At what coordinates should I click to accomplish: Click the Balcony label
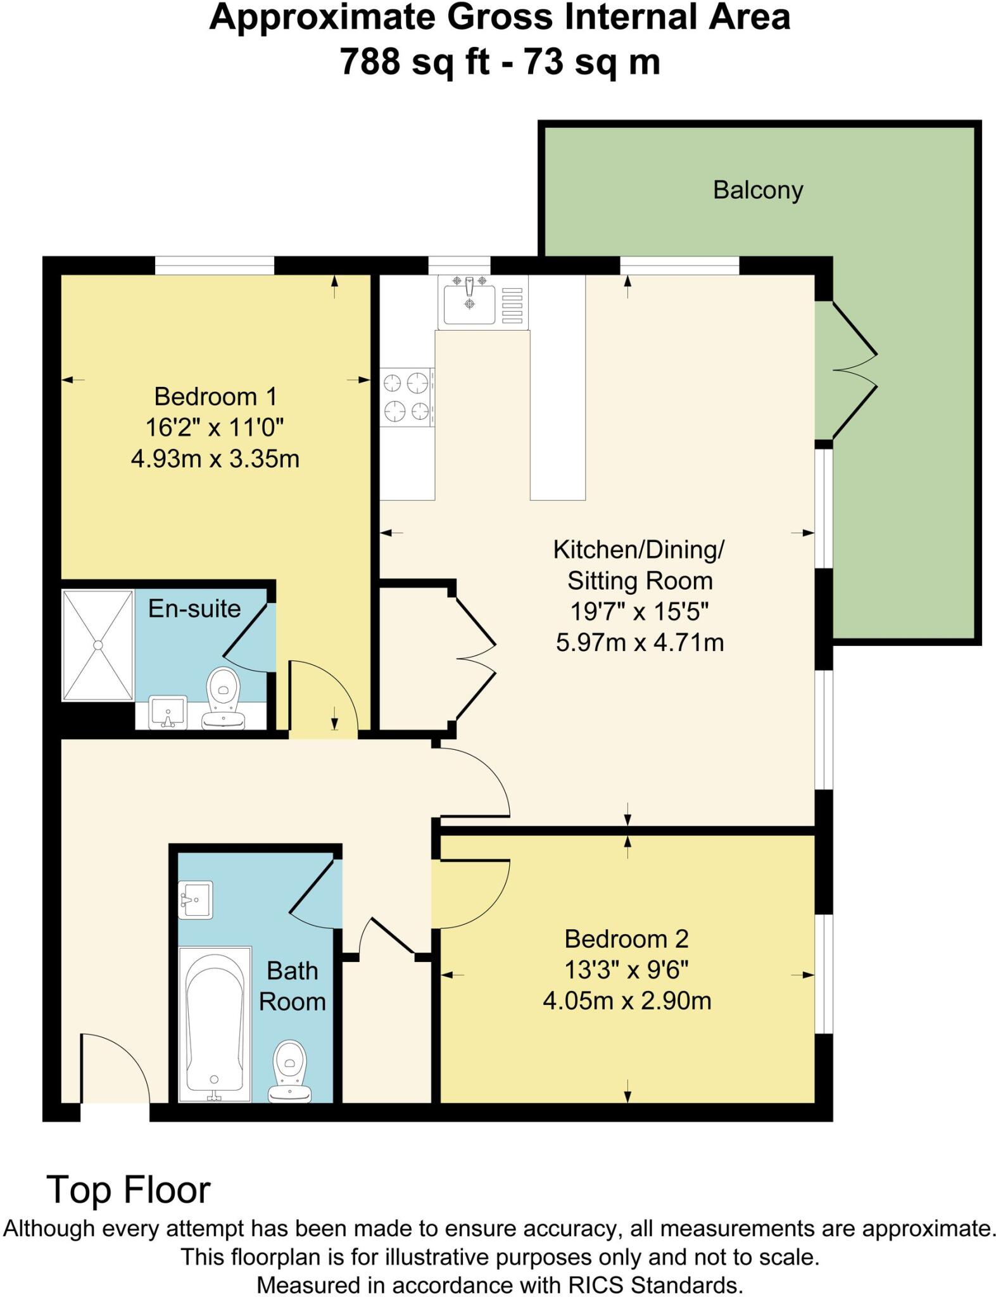pos(757,190)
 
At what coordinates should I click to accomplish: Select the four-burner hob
pos(407,397)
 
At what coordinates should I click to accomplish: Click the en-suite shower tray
pos(98,645)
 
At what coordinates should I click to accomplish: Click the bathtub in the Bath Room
pos(215,1023)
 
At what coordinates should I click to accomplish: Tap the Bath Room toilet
pos(289,1072)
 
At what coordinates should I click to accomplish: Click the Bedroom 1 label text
pos(215,397)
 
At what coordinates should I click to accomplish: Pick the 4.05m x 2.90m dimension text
pos(627,1001)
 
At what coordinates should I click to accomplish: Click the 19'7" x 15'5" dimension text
pos(639,612)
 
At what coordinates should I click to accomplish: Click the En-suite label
pos(194,609)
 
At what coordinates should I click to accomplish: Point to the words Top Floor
pos(129,1189)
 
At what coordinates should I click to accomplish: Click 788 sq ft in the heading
pos(415,62)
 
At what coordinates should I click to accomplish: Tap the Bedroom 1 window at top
pos(214,265)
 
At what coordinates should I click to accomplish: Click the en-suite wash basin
pos(168,712)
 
